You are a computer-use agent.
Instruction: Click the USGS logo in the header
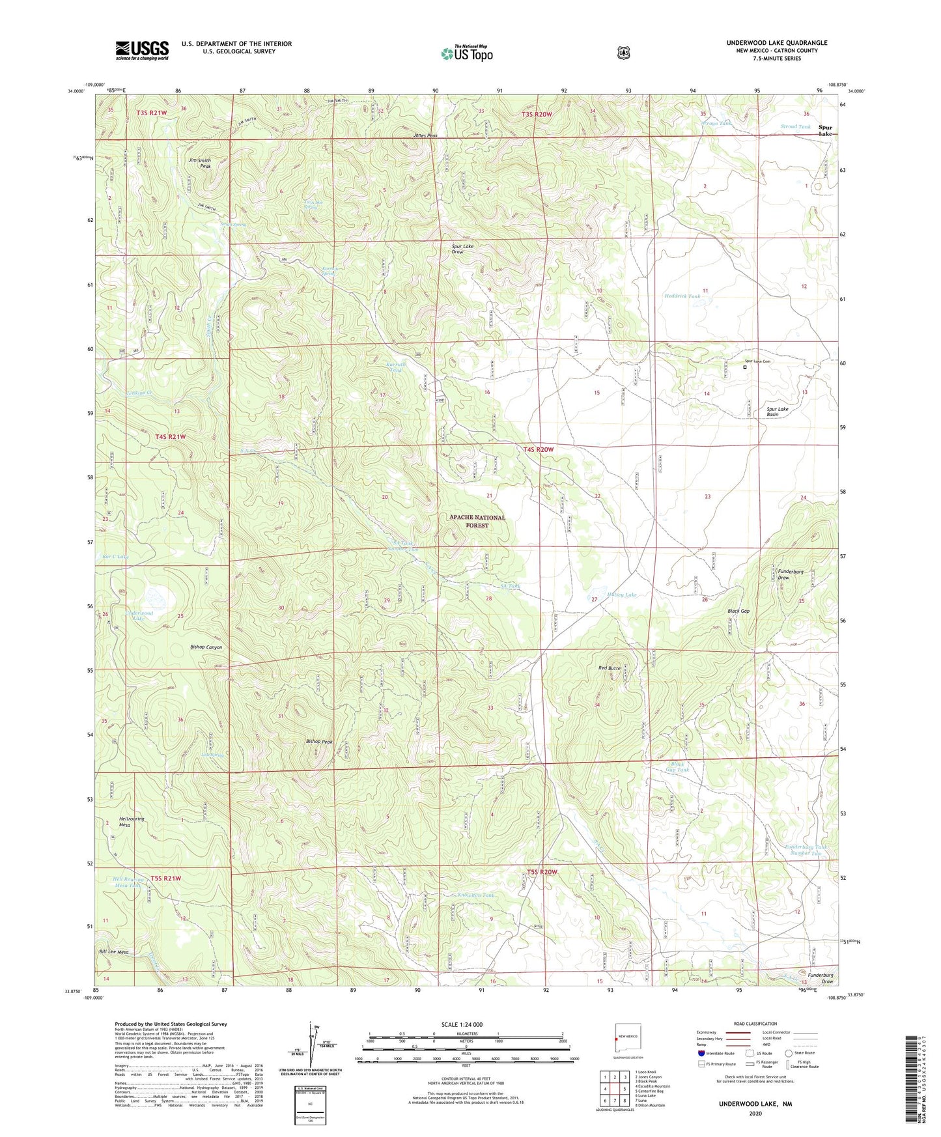[142, 50]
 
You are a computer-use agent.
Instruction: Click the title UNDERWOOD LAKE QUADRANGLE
[777, 43]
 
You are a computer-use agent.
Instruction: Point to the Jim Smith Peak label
[200, 163]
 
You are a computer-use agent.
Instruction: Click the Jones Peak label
[425, 135]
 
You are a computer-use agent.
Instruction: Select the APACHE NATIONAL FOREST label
[477, 521]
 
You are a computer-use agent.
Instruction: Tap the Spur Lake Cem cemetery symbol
[745, 367]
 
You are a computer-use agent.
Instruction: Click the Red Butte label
[610, 668]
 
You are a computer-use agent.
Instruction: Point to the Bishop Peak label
[319, 741]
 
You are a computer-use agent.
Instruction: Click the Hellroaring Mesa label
[132, 822]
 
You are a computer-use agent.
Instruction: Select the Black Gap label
[738, 611]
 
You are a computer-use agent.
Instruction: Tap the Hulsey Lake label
[621, 595]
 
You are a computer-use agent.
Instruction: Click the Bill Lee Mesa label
[113, 951]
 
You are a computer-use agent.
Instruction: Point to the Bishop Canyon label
[206, 647]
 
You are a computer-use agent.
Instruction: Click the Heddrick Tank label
[682, 296]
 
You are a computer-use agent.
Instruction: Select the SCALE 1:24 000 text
[462, 1024]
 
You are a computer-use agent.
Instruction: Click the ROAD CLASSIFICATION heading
[755, 1024]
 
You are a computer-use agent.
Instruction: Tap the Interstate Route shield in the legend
[701, 1052]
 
